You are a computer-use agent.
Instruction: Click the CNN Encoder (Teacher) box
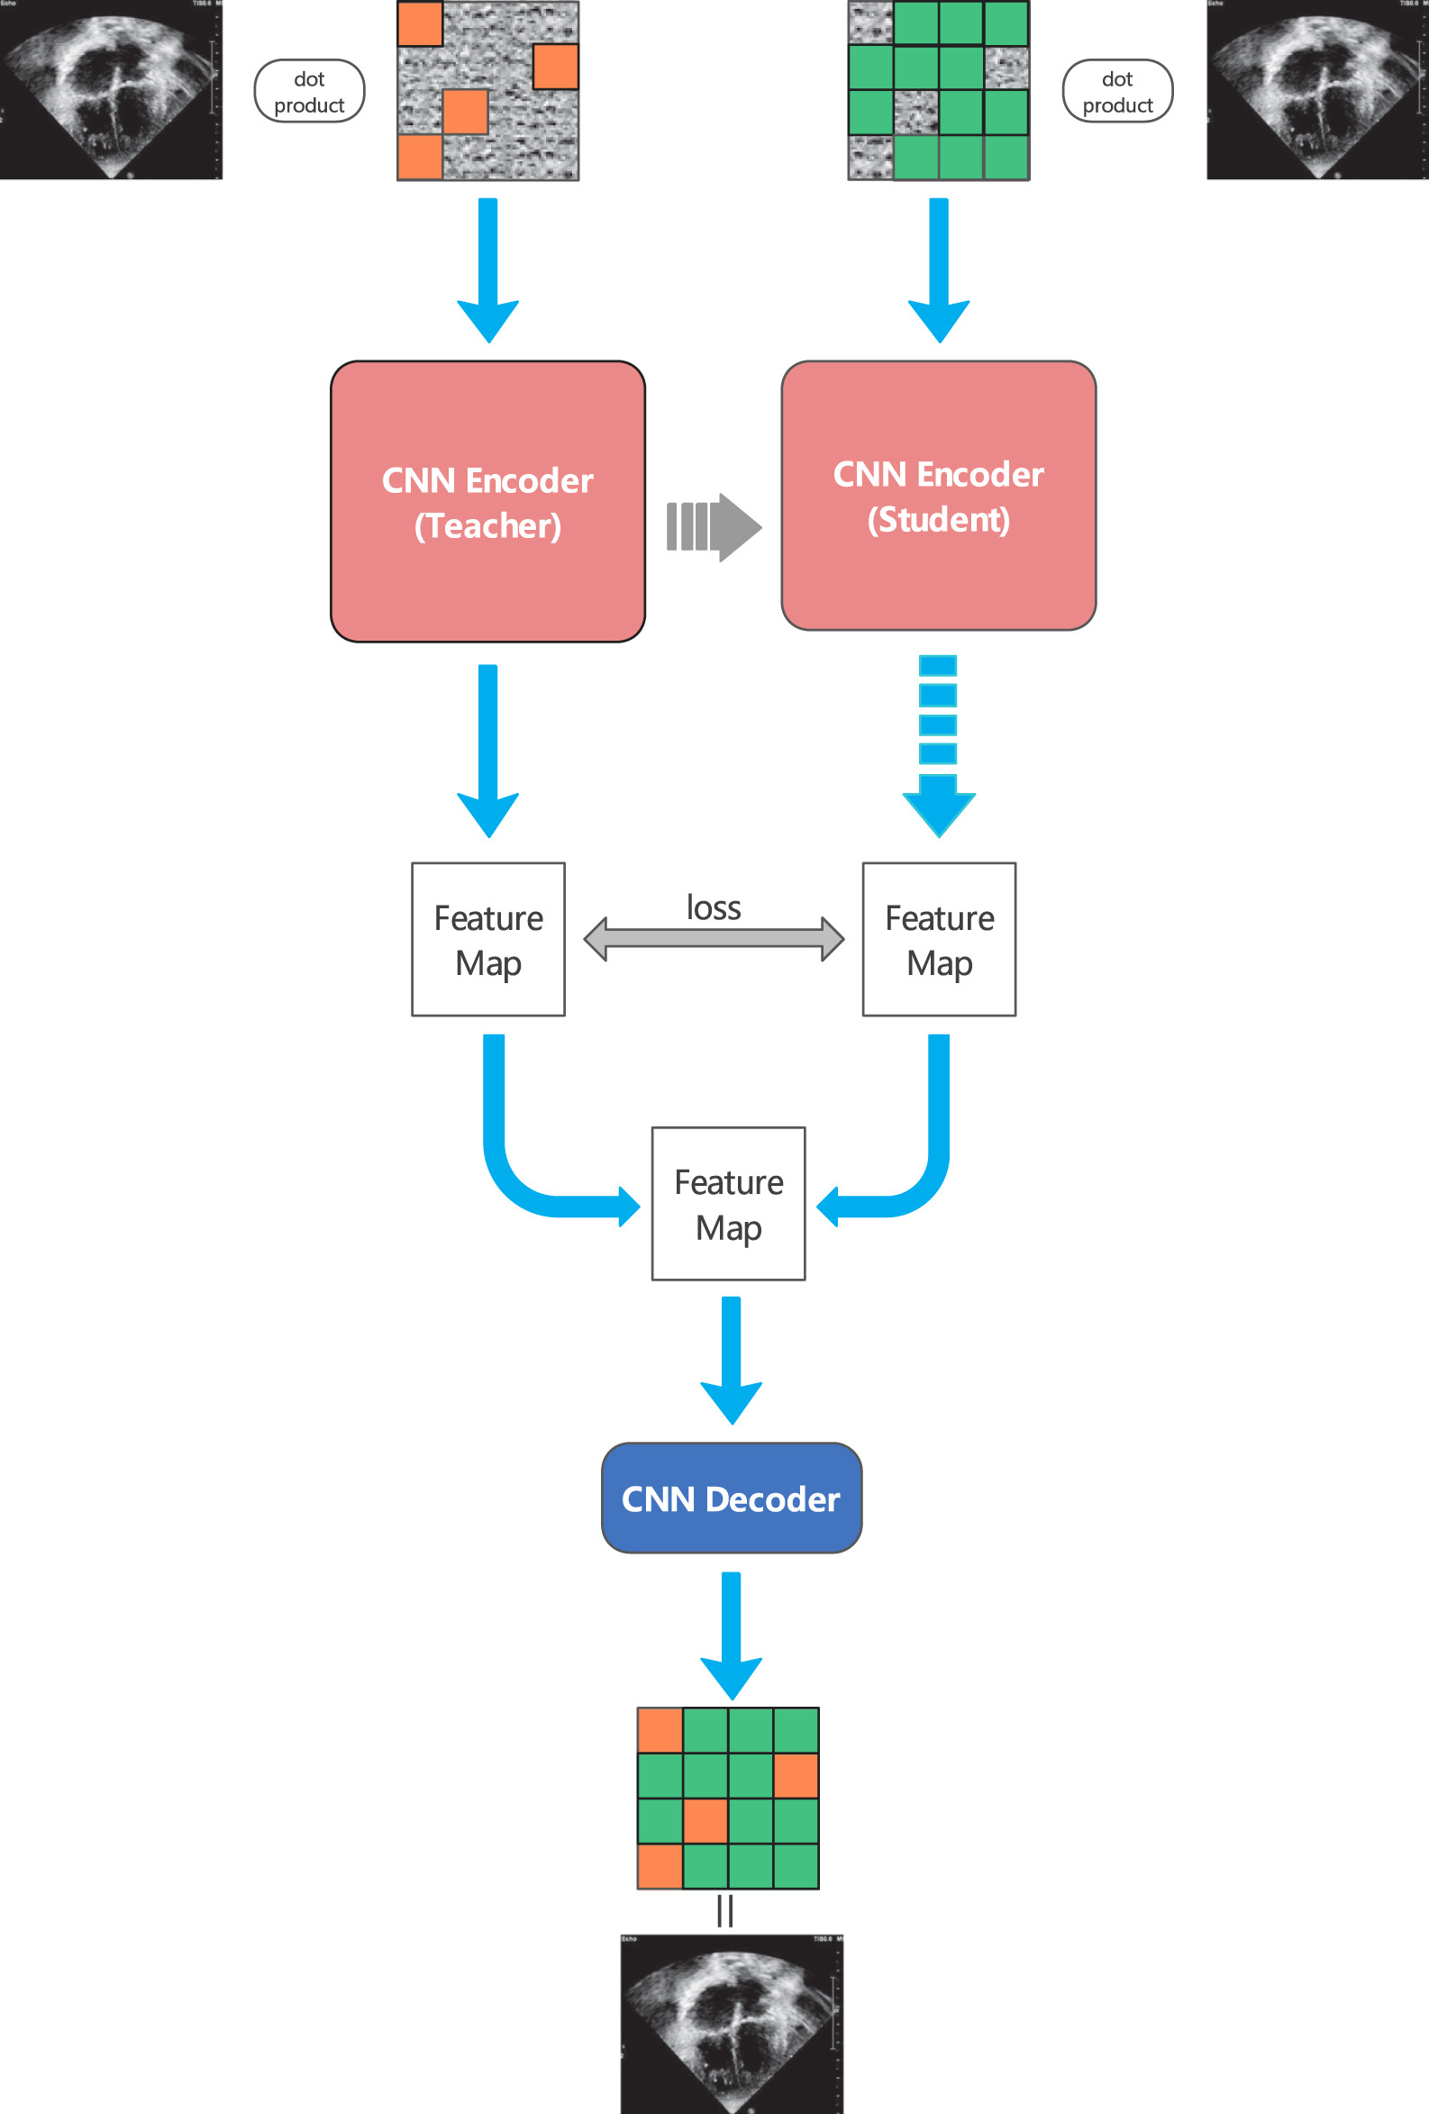[487, 501]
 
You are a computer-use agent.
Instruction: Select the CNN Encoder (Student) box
[938, 496]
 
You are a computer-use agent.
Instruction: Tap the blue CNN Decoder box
[731, 1498]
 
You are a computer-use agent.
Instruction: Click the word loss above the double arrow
[713, 907]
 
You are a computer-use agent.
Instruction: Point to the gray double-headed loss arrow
[713, 939]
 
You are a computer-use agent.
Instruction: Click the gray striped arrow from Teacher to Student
[713, 526]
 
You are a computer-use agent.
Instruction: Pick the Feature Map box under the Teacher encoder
[488, 939]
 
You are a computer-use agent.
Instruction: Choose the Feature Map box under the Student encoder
[939, 939]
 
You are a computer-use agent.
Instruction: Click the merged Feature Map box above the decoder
[728, 1204]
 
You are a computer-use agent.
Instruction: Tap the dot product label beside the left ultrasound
[309, 92]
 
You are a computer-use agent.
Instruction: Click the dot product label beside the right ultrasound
[1117, 92]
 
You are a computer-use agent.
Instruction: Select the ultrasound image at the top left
[111, 89]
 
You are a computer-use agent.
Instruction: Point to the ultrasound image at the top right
[1317, 89]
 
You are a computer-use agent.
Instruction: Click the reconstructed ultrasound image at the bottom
[732, 2024]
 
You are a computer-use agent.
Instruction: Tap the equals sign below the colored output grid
[725, 1910]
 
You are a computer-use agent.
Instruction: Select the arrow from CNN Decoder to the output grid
[731, 1634]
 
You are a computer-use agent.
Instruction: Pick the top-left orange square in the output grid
[660, 1730]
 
